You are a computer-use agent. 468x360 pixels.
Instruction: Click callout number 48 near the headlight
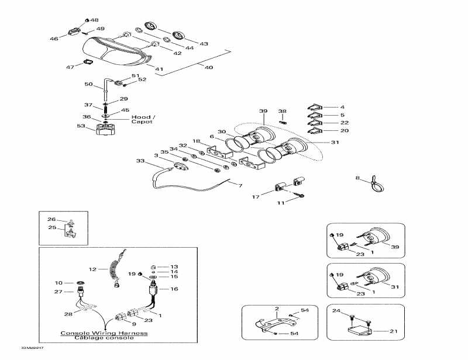(94, 20)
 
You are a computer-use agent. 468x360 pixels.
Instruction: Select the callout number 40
(209, 67)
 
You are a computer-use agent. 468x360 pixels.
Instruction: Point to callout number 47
(70, 67)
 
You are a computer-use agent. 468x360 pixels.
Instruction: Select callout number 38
(282, 110)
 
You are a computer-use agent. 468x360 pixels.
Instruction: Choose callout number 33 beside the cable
(140, 161)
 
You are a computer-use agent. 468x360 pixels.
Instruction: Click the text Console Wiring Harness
(104, 333)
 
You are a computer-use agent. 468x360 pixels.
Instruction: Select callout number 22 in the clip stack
(344, 123)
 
